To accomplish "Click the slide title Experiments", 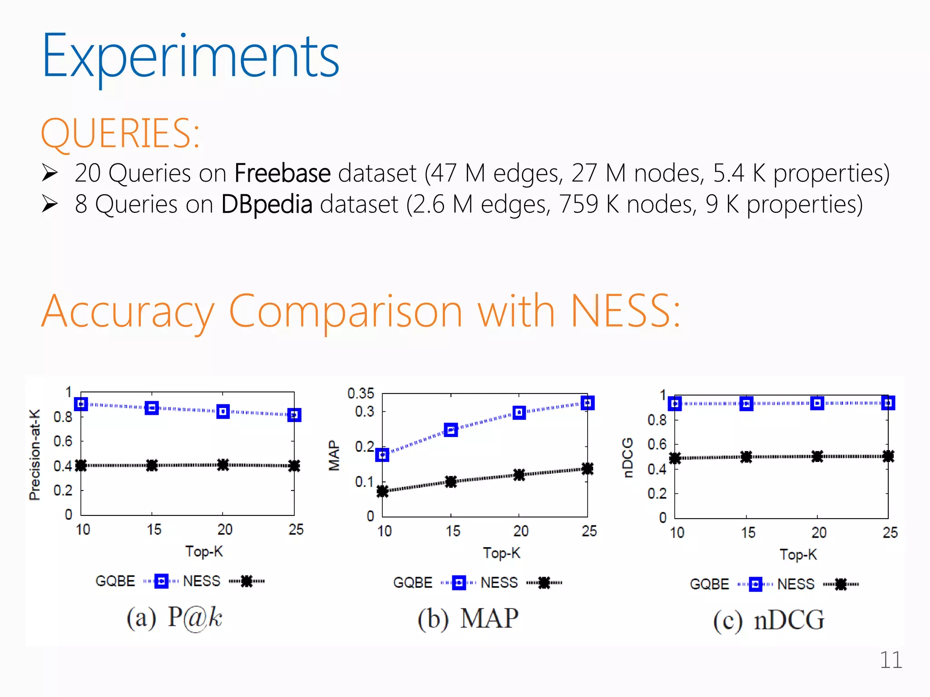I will click(x=191, y=57).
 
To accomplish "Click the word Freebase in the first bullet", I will click(x=282, y=173).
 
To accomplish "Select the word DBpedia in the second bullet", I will click(x=267, y=204).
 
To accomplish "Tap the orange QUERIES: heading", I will click(x=120, y=133).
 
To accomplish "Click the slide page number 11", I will click(x=890, y=660).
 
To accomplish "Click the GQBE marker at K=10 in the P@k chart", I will click(x=81, y=404).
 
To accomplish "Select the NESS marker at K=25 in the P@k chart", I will click(x=294, y=466).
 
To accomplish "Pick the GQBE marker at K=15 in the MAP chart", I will click(x=451, y=430).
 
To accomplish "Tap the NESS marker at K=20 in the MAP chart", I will click(x=519, y=475).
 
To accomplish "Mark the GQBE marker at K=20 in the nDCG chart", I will click(x=817, y=403).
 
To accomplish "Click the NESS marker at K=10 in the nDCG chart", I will click(x=675, y=458).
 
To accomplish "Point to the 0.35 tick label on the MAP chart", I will click(x=361, y=393).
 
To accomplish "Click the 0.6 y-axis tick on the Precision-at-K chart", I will click(x=63, y=441).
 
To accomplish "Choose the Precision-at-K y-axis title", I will click(x=35, y=455).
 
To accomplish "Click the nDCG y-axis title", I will click(x=628, y=457).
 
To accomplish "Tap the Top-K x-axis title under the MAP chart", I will click(x=501, y=553).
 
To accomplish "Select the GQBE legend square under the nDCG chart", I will click(x=756, y=584).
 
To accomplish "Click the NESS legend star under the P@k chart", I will click(x=247, y=581).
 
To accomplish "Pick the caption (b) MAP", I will click(x=468, y=618).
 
